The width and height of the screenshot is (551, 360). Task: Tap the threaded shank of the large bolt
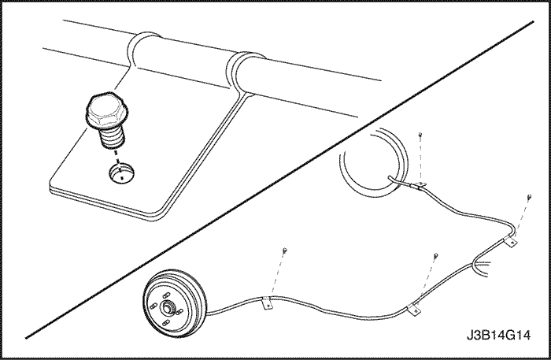pyautogui.click(x=112, y=138)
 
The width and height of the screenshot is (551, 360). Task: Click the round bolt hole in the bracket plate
pyautogui.click(x=121, y=173)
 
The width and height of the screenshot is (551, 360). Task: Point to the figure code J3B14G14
pyautogui.click(x=498, y=335)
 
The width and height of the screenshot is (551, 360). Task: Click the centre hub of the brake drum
pyautogui.click(x=166, y=308)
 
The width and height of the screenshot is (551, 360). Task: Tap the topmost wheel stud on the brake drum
pyautogui.click(x=166, y=295)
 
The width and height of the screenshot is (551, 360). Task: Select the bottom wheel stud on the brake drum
pyautogui.click(x=166, y=322)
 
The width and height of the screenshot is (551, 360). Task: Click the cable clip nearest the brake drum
pyautogui.click(x=268, y=303)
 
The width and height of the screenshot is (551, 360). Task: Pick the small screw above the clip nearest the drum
pyautogui.click(x=285, y=250)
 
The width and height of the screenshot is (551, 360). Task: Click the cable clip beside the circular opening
pyautogui.click(x=420, y=185)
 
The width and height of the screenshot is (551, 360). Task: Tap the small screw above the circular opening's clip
pyautogui.click(x=420, y=134)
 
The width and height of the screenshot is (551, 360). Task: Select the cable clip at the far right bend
pyautogui.click(x=511, y=241)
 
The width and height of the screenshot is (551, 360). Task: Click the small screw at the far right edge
pyautogui.click(x=530, y=196)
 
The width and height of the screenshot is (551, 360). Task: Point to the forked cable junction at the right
pyautogui.click(x=477, y=265)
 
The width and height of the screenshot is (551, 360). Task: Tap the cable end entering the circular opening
pyautogui.click(x=390, y=178)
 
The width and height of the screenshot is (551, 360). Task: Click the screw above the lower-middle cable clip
pyautogui.click(x=436, y=255)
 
